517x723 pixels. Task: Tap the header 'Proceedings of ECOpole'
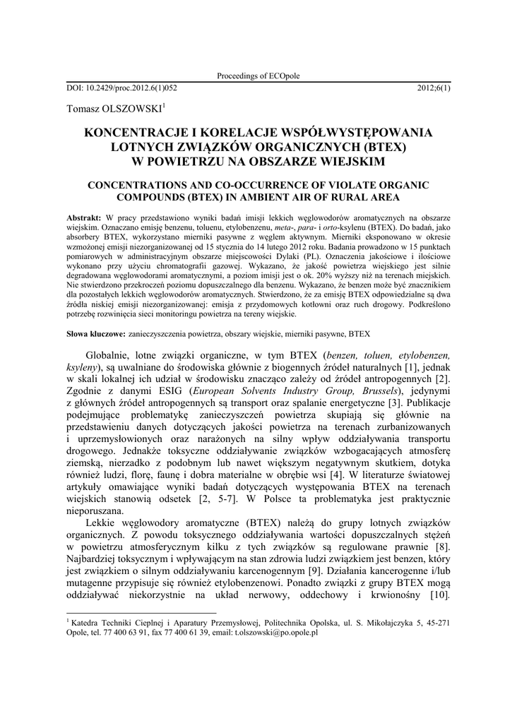click(x=258, y=76)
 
